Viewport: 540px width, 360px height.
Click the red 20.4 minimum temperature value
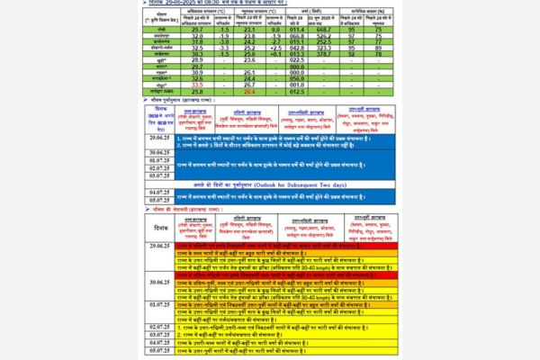[x=250, y=92]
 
